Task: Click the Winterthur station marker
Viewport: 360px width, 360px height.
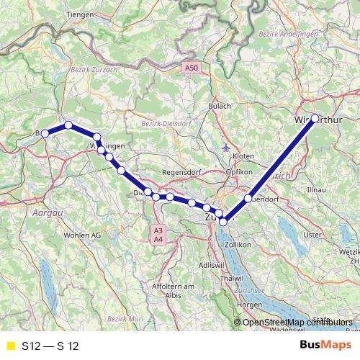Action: [x=315, y=119]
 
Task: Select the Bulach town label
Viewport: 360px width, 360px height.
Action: [x=220, y=106]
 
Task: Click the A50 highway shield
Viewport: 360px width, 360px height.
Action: [x=191, y=68]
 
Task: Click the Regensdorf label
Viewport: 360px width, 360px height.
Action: [x=180, y=173]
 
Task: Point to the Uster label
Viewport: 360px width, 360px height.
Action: [x=312, y=235]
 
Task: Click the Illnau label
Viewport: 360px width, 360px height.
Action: [x=317, y=188]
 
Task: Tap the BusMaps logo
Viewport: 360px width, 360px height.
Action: [x=325, y=345]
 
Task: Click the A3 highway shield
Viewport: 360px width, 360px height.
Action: [x=158, y=230]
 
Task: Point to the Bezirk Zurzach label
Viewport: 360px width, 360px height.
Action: [x=89, y=70]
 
